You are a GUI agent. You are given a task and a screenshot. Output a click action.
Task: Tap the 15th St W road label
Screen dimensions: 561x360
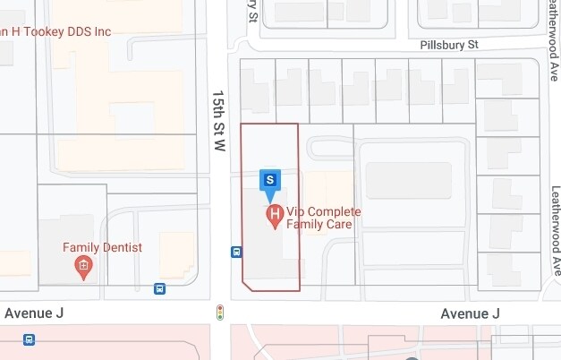pos(217,120)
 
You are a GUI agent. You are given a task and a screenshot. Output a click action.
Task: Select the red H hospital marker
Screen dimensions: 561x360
pos(275,215)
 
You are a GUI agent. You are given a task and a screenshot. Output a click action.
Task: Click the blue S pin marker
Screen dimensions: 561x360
pos(270,181)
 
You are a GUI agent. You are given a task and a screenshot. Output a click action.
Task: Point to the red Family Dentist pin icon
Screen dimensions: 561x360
pos(84,266)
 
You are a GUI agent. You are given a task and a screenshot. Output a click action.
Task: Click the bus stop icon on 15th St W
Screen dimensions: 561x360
pos(236,252)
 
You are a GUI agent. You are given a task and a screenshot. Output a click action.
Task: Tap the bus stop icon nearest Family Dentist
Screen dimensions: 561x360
pos(159,288)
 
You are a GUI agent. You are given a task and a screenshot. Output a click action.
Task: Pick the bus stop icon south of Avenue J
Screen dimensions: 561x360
pos(30,339)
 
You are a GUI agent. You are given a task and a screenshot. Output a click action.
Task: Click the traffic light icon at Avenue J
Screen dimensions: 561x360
pos(220,313)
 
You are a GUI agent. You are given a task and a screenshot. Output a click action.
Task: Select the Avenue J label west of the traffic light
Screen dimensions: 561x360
pos(35,313)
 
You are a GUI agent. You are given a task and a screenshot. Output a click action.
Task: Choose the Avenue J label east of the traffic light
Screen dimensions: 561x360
pos(470,313)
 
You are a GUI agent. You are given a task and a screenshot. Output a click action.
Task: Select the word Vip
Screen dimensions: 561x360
pos(295,211)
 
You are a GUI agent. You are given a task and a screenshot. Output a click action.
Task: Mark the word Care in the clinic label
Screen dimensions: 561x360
pos(337,224)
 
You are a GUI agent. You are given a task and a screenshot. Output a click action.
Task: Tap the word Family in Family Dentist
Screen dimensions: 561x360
pos(81,247)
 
